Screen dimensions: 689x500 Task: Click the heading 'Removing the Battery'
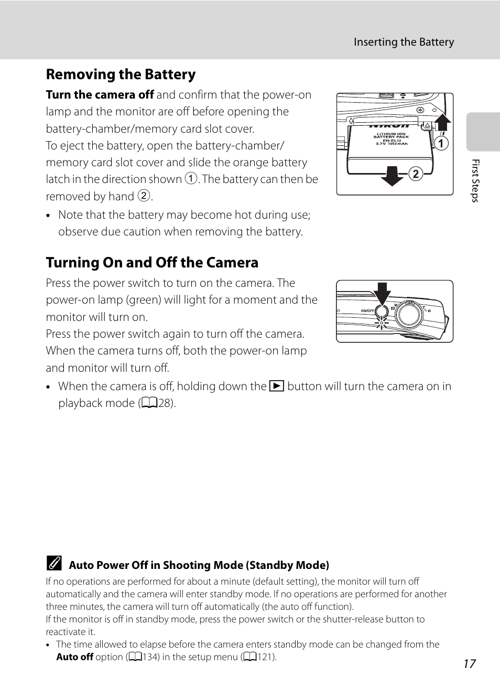(x=121, y=74)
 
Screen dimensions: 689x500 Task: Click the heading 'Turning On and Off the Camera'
(x=152, y=262)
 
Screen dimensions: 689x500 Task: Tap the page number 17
(x=469, y=664)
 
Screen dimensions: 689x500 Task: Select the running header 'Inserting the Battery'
(x=404, y=42)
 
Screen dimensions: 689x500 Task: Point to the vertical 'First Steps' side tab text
(x=475, y=181)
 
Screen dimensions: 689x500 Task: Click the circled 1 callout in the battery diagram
(x=441, y=143)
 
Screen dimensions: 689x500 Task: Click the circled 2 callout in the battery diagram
(x=416, y=174)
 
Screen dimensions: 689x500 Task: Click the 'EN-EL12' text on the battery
(x=392, y=141)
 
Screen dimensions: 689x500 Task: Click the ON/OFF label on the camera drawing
(x=367, y=311)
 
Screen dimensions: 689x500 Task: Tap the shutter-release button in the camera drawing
(x=409, y=314)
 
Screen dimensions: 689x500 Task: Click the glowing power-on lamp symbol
(x=382, y=322)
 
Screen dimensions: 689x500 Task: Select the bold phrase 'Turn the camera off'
(x=100, y=95)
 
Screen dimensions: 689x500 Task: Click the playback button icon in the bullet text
(x=277, y=386)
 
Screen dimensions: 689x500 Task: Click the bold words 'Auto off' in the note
(x=74, y=657)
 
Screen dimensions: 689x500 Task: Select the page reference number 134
(x=151, y=657)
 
